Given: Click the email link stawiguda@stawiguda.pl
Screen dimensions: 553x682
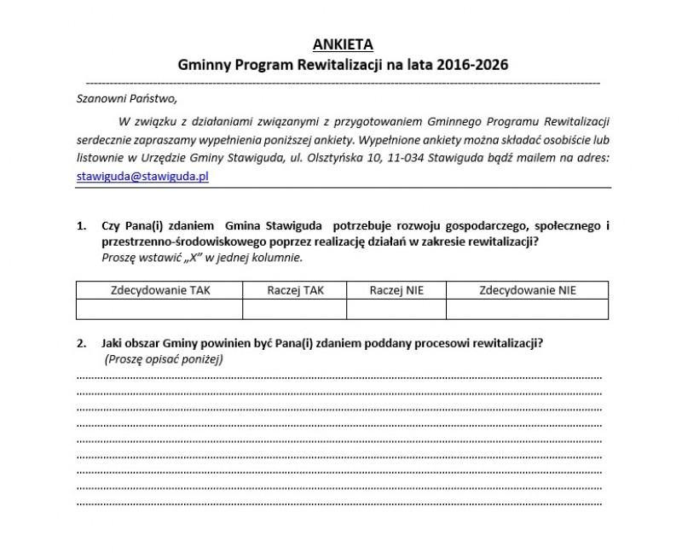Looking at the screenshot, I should point(142,176).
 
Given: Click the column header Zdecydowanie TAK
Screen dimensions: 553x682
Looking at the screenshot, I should point(159,290).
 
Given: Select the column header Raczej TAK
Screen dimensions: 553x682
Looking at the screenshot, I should point(295,290).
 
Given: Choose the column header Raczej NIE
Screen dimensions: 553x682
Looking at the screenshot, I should point(396,290).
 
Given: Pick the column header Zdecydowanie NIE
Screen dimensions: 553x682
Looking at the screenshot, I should point(528,290).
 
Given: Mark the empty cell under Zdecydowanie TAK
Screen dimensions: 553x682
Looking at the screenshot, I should point(159,308).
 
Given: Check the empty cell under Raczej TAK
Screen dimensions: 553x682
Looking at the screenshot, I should point(295,308).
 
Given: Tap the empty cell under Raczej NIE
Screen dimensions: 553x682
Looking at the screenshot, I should point(396,308).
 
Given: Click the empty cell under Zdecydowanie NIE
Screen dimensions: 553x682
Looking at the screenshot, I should point(528,308).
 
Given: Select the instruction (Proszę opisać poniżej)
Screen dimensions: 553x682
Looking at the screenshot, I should point(163,359).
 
